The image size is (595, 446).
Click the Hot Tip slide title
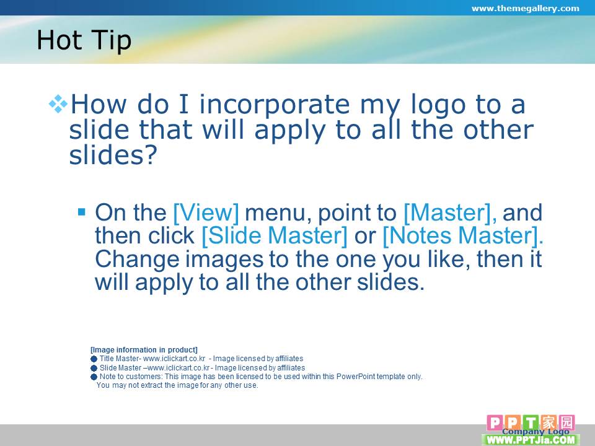click(x=84, y=40)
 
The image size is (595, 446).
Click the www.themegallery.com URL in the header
click(x=525, y=8)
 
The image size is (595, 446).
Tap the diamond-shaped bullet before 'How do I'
click(x=58, y=103)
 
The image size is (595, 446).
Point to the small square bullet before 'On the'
click(x=82, y=211)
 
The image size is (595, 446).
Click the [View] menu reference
click(x=206, y=212)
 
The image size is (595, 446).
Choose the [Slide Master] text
click(x=275, y=235)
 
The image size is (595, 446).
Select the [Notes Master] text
click(x=463, y=235)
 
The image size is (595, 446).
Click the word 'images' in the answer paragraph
click(x=224, y=260)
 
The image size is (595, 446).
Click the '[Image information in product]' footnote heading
click(x=144, y=349)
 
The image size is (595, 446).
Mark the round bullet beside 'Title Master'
click(x=94, y=359)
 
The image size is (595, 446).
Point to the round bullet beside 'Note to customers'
click(x=94, y=377)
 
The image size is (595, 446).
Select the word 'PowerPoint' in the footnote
click(x=356, y=377)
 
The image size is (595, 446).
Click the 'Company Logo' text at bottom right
click(x=535, y=431)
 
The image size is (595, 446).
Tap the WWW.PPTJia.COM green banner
click(x=531, y=440)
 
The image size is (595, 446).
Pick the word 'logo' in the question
click(x=438, y=105)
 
